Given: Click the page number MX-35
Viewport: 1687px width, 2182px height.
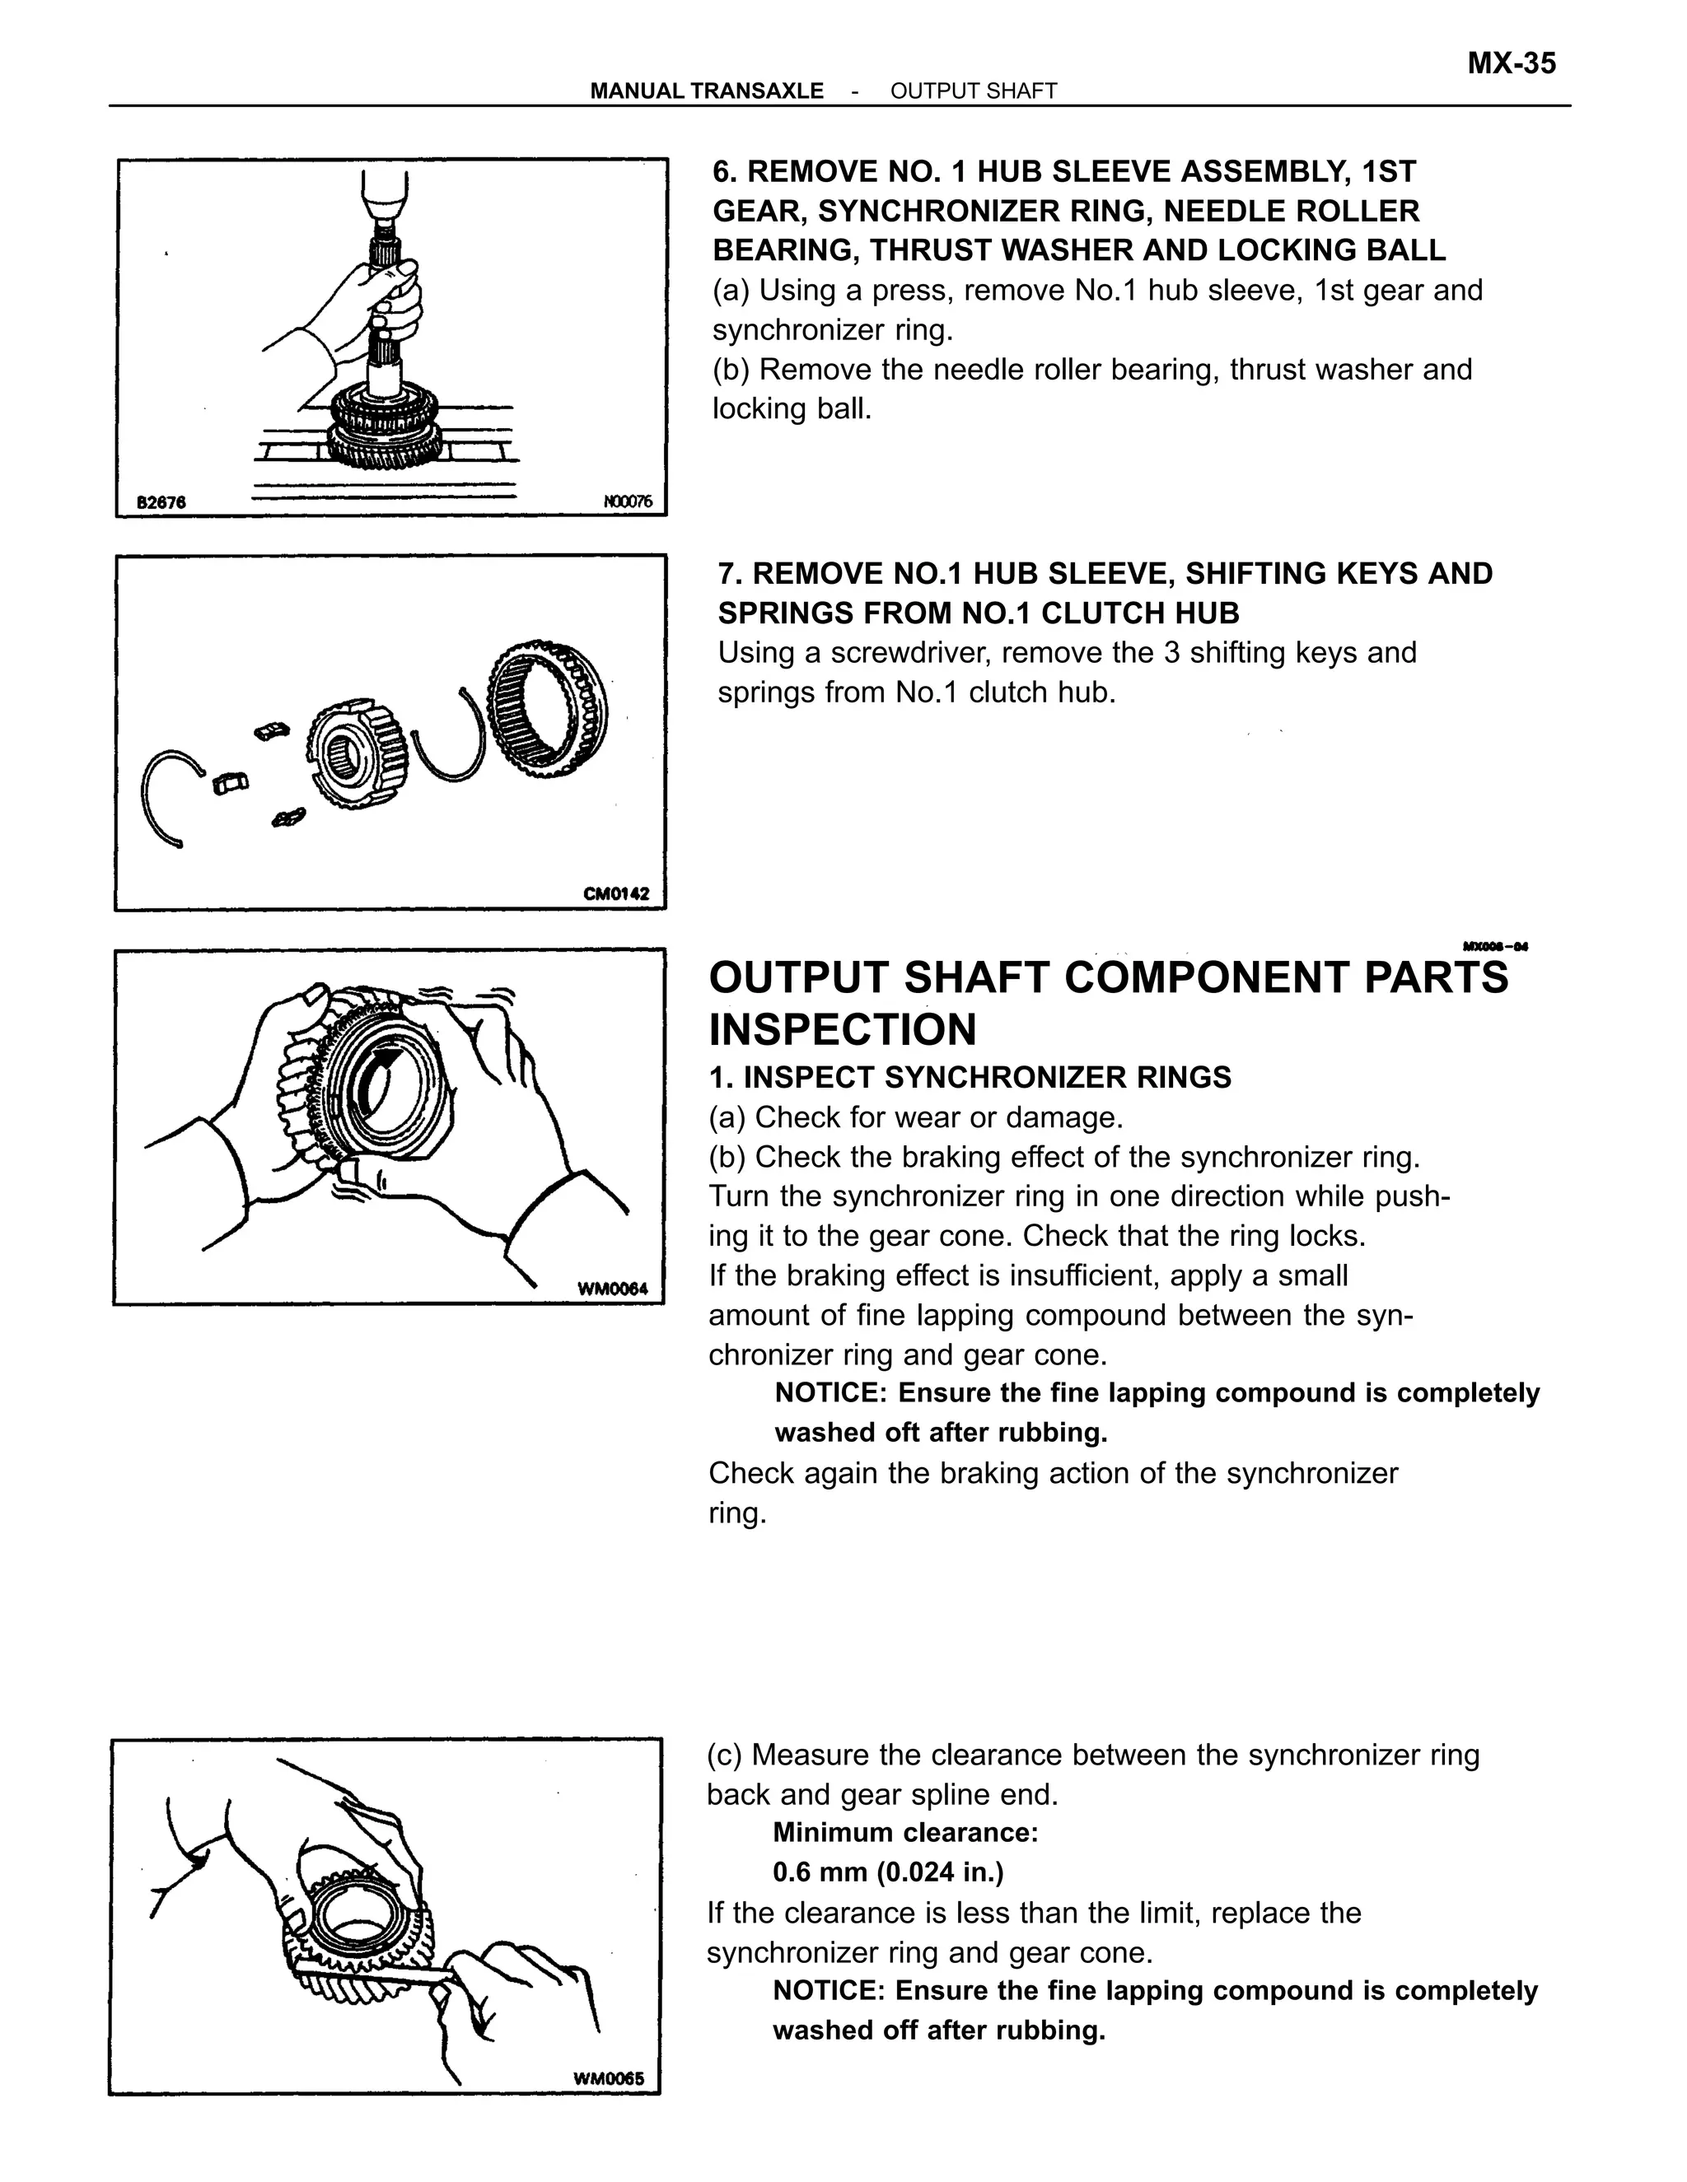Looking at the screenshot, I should pyautogui.click(x=1510, y=64).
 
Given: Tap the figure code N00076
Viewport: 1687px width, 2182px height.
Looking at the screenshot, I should pyautogui.click(x=628, y=501).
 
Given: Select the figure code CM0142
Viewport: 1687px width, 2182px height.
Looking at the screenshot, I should pyautogui.click(x=615, y=893).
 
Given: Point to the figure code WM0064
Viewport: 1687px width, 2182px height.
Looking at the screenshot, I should pyautogui.click(x=613, y=1289).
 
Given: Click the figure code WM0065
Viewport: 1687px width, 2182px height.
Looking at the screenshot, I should pyautogui.click(x=609, y=2079).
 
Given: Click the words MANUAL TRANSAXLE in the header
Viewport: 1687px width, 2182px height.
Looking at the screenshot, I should pyautogui.click(x=707, y=91).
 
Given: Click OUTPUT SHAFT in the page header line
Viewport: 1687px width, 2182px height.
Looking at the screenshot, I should pyautogui.click(x=973, y=91).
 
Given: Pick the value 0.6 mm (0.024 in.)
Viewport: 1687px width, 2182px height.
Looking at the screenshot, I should pyautogui.click(x=887, y=1872).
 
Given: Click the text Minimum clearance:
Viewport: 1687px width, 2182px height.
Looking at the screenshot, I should pyautogui.click(x=905, y=1832).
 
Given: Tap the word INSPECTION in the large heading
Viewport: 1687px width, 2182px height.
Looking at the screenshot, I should pyautogui.click(x=843, y=1029).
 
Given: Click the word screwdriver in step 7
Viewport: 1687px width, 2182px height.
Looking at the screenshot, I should pyautogui.click(x=905, y=652).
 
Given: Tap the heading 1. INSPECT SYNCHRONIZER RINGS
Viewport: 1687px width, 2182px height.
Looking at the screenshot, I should pyautogui.click(x=970, y=1077).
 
